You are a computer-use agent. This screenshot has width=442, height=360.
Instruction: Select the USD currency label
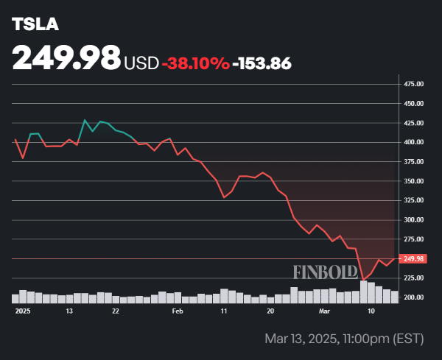(141, 63)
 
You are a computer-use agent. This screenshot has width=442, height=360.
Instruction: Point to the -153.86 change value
(262, 63)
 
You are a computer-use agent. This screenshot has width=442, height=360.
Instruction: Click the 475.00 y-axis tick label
(414, 84)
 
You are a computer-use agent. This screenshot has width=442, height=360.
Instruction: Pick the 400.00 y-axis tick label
(414, 142)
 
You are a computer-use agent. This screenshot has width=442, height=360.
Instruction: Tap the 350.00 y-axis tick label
(414, 181)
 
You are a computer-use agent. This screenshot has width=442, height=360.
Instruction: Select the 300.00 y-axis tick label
(414, 220)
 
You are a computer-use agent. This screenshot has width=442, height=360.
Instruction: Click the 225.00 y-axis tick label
(414, 278)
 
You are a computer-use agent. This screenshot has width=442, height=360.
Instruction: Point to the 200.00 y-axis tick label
(414, 297)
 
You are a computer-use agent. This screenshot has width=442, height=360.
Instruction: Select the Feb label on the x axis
(177, 311)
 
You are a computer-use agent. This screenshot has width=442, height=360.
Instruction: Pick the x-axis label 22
(116, 311)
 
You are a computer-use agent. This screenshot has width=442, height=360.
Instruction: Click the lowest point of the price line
(363, 280)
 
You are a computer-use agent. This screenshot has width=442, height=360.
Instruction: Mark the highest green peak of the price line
(85, 120)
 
